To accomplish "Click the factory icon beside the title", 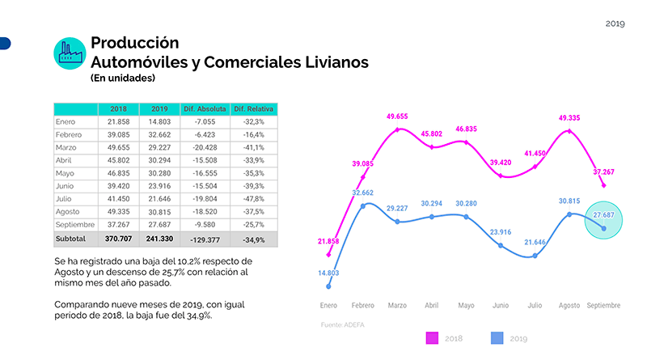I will [x=70, y=53].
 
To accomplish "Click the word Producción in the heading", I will [x=134, y=43].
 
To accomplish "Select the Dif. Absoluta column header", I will [x=205, y=109].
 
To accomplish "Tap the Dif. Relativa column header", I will [x=253, y=109].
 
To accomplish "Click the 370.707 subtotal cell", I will [x=117, y=239].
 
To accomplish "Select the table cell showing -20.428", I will [x=205, y=148].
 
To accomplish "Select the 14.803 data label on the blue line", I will [x=328, y=273].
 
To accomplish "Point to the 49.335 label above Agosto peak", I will [x=569, y=118].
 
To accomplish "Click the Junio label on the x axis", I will [x=501, y=306].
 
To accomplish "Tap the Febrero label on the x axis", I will [x=362, y=306].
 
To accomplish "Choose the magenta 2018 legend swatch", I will [x=429, y=337].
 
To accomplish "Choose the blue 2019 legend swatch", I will [x=497, y=337].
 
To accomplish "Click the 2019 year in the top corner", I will [x=615, y=23].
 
